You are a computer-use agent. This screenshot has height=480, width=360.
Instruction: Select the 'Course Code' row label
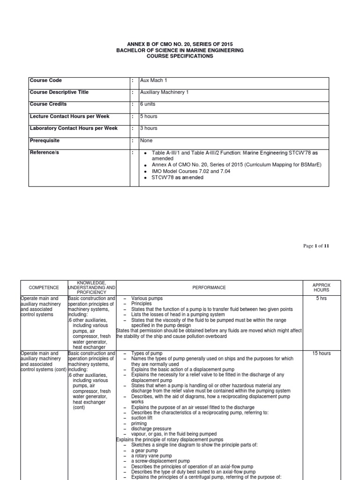coord(45,81)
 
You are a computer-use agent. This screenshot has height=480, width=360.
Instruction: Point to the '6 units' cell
coord(149,104)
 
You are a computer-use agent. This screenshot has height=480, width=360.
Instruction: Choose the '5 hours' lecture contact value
coord(149,116)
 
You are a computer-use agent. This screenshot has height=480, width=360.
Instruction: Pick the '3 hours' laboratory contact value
coord(149,128)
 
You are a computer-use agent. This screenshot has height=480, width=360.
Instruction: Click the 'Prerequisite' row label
coord(45,140)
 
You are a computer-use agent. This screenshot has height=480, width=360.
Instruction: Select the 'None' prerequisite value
coord(146,140)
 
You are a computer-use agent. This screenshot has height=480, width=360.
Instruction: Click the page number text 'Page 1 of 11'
coord(316,246)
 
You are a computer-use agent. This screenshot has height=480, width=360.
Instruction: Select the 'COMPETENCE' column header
coord(44,287)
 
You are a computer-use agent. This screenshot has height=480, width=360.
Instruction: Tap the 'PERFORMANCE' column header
coord(210,287)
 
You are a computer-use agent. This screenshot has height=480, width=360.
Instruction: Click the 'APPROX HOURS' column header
coord(322,287)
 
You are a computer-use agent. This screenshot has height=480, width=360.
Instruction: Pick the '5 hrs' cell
coord(322,299)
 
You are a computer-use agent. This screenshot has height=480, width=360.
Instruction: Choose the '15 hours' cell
coord(322,353)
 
